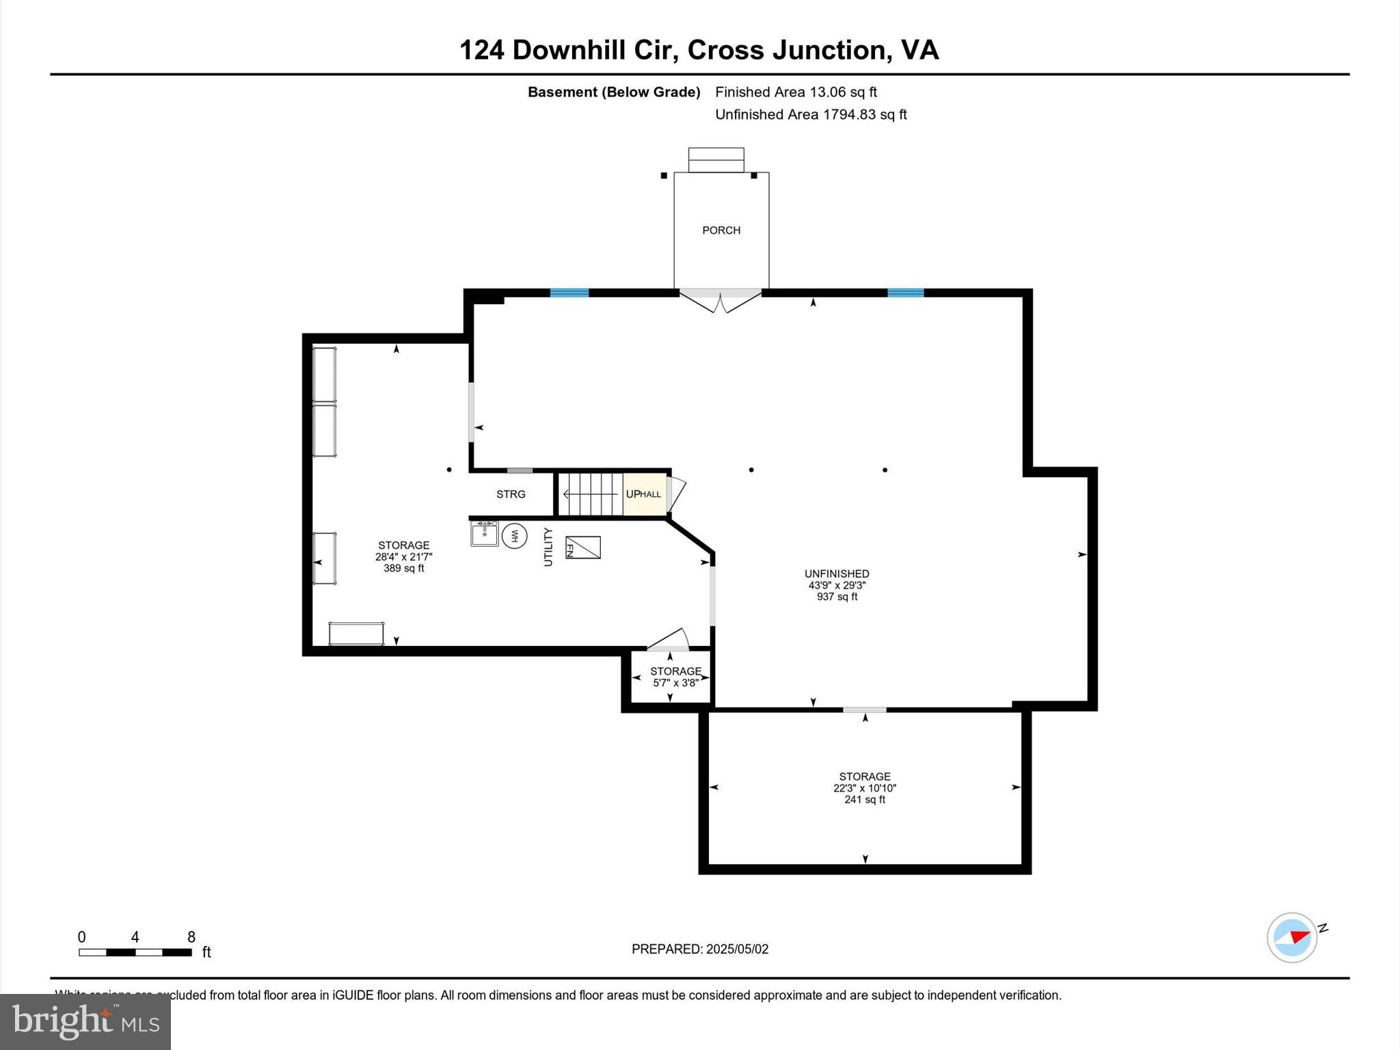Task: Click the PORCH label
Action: tap(721, 230)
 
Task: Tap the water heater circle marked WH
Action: tap(514, 535)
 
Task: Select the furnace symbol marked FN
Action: tap(582, 548)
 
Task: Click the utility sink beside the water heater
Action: tap(484, 533)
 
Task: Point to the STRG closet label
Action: tap(511, 494)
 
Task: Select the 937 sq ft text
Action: tap(837, 597)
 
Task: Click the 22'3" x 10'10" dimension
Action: tap(865, 788)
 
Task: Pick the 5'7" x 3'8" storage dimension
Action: tap(675, 682)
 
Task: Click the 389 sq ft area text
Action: tap(403, 568)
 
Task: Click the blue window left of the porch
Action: tap(569, 293)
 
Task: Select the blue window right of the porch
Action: tap(905, 293)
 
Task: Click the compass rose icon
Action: tap(1292, 938)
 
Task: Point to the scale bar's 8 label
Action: tap(191, 937)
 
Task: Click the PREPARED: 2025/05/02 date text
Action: tap(700, 949)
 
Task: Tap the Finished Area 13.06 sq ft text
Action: tap(796, 92)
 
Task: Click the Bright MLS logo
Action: tap(85, 1021)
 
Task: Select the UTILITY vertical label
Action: tap(548, 547)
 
